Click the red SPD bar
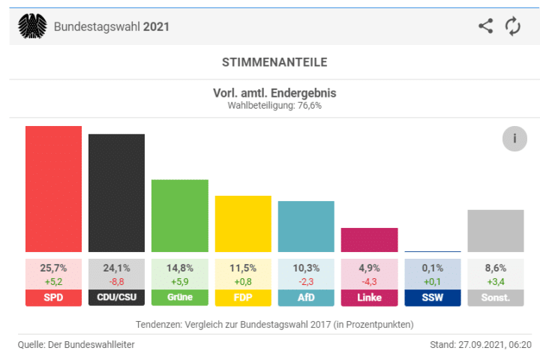[x=53, y=189]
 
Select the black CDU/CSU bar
[x=116, y=193]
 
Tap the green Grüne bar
[x=180, y=215]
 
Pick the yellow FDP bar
[x=243, y=223]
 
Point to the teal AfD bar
[x=306, y=226]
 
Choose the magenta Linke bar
[x=369, y=240]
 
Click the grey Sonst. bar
[x=495, y=231]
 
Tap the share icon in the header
[x=486, y=26]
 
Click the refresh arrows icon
[x=513, y=26]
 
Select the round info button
[x=514, y=139]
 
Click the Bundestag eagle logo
[x=31, y=26]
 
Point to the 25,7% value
[x=53, y=268]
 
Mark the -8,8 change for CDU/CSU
[x=116, y=281]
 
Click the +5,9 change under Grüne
[x=180, y=281]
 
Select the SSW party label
[x=432, y=298]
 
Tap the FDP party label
[x=243, y=298]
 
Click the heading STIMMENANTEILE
[x=274, y=62]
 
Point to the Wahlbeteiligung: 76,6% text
[x=274, y=106]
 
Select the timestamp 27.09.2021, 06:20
[x=493, y=344]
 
